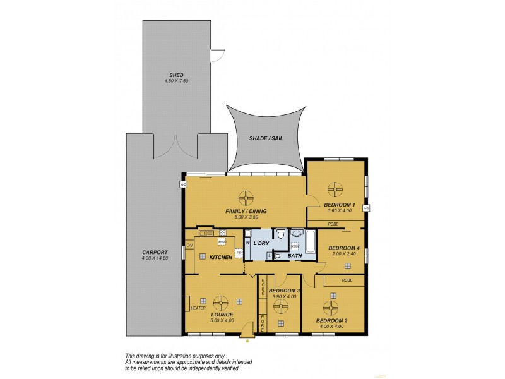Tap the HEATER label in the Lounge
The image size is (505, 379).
(x=198, y=308)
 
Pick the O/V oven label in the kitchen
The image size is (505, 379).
(x=189, y=245)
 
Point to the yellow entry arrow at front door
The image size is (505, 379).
(x=248, y=341)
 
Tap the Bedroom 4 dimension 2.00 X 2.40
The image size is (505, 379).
(x=344, y=255)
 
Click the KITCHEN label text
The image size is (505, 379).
(x=221, y=257)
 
